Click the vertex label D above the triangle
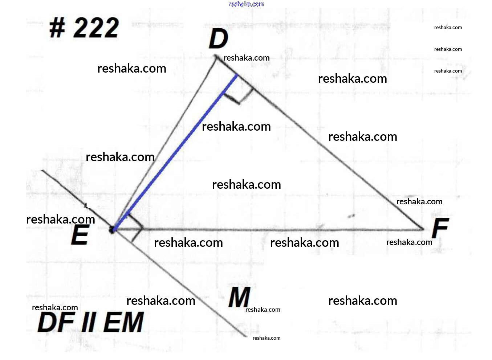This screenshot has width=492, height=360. (219, 39)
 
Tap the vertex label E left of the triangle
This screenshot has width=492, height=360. (80, 234)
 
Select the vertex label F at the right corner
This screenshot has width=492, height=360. (440, 228)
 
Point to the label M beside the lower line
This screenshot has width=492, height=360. (239, 297)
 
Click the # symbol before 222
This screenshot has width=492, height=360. (57, 28)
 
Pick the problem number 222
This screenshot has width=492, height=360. (96, 28)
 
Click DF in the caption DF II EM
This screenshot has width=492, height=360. (56, 323)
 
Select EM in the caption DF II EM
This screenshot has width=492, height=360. (124, 323)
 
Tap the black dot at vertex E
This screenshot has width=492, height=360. (112, 230)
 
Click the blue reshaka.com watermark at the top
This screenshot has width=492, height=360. (247, 4)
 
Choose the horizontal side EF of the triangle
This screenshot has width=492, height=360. (268, 230)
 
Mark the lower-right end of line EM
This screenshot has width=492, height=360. (247, 336)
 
